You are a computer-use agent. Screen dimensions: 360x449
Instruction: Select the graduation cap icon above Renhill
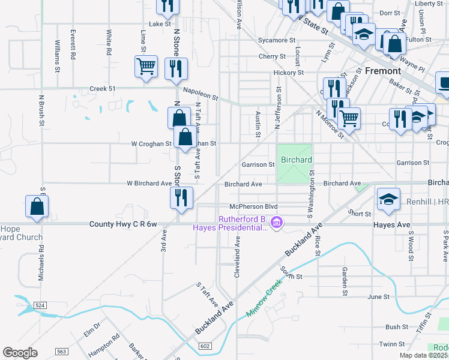[388, 200]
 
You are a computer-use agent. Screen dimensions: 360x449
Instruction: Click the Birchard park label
[297, 160]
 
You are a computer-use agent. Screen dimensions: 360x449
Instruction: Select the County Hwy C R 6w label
[123, 224]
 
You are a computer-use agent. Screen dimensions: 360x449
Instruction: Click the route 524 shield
[40, 305]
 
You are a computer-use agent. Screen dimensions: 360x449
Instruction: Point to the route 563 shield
[61, 352]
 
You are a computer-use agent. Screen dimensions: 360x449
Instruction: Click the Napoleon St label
[200, 94]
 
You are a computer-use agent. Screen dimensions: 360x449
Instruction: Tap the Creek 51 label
[102, 89]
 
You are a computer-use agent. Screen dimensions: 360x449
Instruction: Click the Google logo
[20, 353]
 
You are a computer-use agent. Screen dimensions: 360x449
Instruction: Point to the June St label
[378, 297]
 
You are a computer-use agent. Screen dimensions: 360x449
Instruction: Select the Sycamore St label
[277, 40]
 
